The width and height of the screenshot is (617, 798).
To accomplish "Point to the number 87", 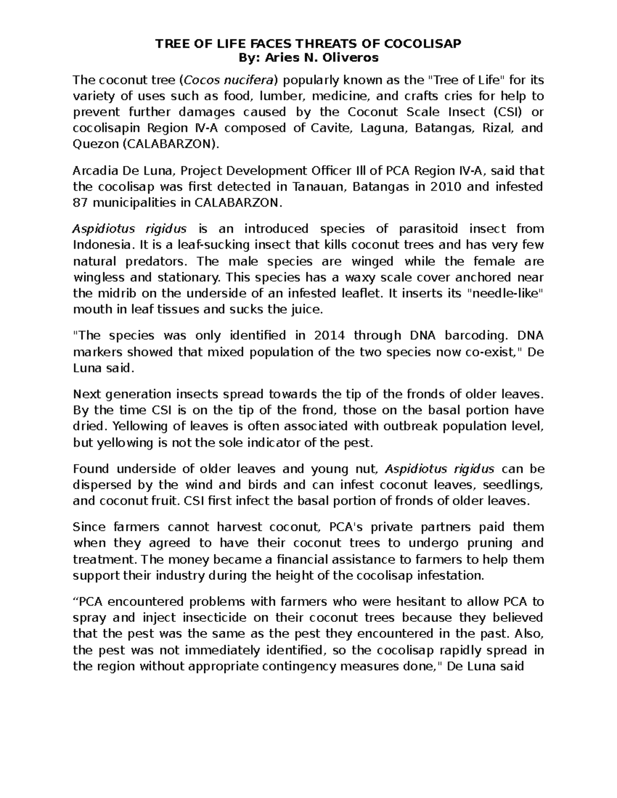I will pyautogui.click(x=81, y=202).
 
